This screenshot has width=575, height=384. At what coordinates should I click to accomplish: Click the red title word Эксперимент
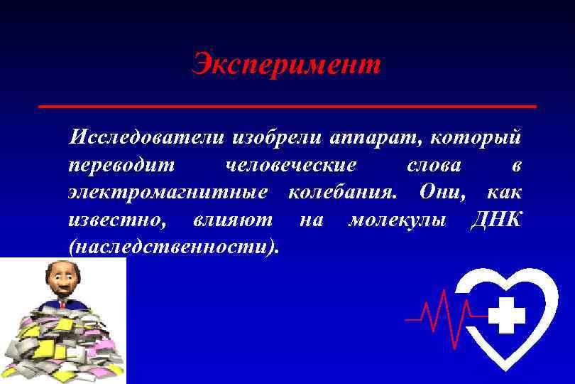(287, 65)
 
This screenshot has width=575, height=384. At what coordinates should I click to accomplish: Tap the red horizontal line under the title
(287, 106)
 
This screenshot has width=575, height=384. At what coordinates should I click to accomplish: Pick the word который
(478, 137)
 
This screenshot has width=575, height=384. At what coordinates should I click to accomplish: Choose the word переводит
(121, 166)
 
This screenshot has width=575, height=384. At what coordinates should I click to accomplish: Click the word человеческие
(290, 166)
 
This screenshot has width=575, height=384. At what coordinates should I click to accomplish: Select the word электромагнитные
(168, 192)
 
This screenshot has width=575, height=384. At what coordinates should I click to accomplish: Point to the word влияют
(232, 220)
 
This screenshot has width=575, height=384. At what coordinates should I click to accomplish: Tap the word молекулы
(398, 220)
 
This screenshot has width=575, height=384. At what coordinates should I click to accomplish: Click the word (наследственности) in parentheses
(174, 247)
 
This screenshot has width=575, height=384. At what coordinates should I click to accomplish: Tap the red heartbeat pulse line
(440, 314)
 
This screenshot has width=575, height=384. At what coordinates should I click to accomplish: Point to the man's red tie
(62, 303)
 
